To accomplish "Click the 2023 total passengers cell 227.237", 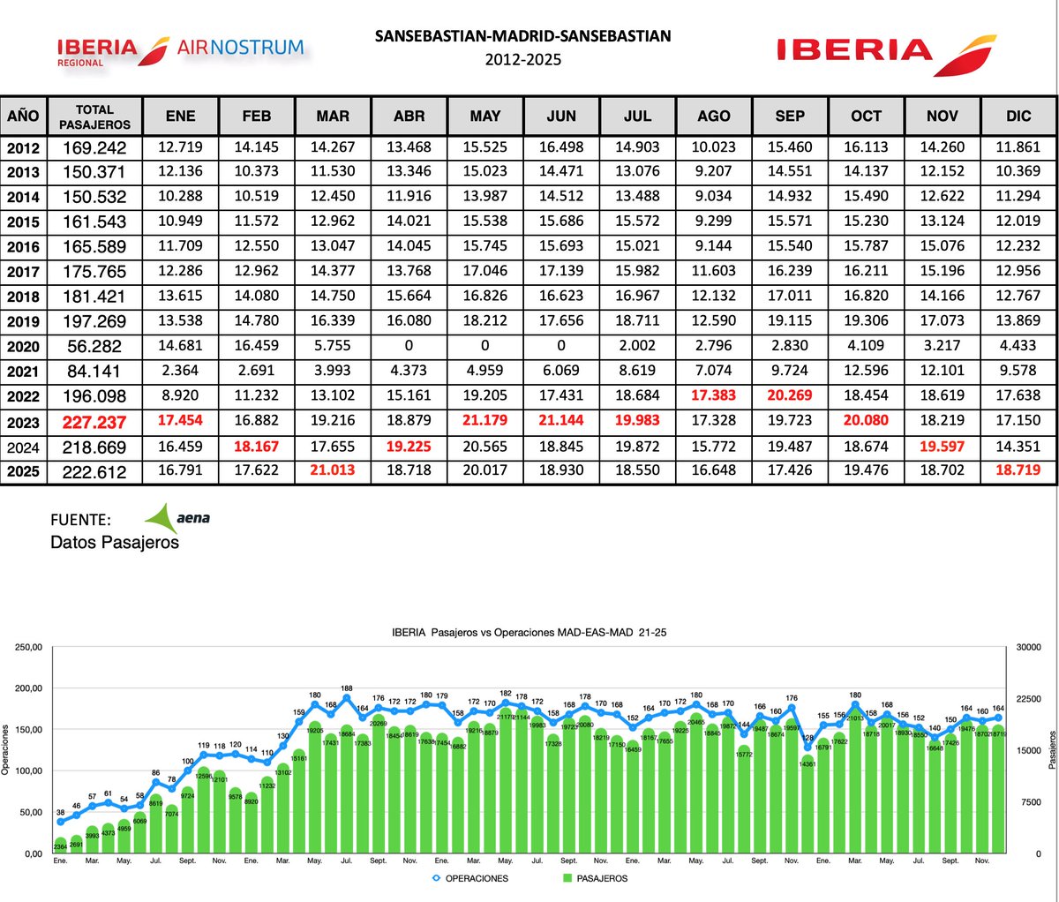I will pyautogui.click(x=94, y=422).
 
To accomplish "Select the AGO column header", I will pyautogui.click(x=713, y=117).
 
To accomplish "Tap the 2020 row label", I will pyautogui.click(x=24, y=347).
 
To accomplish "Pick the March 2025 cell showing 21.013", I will pyautogui.click(x=333, y=471).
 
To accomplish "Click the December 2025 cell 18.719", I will pyautogui.click(x=1019, y=471).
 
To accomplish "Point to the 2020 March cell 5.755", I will pyautogui.click(x=333, y=347).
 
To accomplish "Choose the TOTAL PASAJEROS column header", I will pyautogui.click(x=94, y=117).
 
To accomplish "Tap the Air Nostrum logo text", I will pyautogui.click(x=240, y=47).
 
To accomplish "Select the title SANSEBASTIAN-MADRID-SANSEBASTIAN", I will pyautogui.click(x=522, y=36).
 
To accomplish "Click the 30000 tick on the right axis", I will pyautogui.click(x=1031, y=647).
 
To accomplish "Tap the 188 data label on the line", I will pyautogui.click(x=347, y=688).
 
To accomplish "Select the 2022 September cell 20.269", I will pyautogui.click(x=790, y=396).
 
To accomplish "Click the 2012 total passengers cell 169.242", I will pyautogui.click(x=94, y=147).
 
